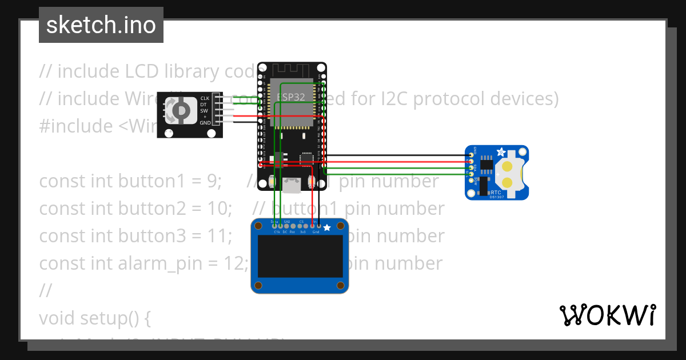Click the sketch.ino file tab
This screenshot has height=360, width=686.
click(x=101, y=25)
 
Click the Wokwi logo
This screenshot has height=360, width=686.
click(x=607, y=315)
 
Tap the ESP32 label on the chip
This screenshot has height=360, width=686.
click(x=291, y=97)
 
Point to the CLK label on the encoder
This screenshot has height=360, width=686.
click(x=205, y=99)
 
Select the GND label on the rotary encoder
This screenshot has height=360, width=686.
click(x=205, y=123)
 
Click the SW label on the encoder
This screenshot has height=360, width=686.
click(x=204, y=111)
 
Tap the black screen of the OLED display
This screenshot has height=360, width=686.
click(x=300, y=257)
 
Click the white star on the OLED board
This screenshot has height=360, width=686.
click(x=327, y=228)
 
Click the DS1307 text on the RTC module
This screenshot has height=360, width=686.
click(x=497, y=197)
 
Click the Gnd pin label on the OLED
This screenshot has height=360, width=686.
click(x=316, y=232)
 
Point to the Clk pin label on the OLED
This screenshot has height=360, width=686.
click(x=277, y=232)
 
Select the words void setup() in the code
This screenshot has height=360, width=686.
click(x=94, y=318)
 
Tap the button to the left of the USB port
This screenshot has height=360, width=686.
click(x=273, y=183)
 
